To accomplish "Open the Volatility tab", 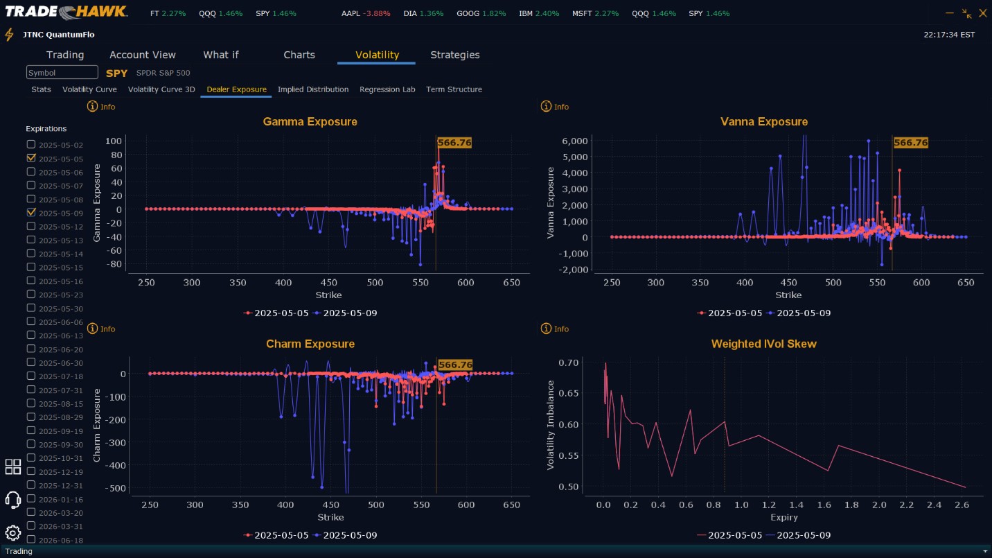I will coord(377,55).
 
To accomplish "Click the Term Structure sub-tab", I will coord(454,89).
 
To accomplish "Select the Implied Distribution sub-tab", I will coord(313,89).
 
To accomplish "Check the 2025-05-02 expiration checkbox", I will coord(31,144).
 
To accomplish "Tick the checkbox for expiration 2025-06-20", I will coord(31,349).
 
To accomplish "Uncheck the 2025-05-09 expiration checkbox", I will coord(31,212).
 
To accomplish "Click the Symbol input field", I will coord(62,73).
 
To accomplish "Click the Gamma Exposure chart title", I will coord(310,122).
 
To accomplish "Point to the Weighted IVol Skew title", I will coord(763,345).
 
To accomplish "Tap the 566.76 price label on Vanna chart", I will coord(910,143).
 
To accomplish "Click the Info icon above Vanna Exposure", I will coord(546,107).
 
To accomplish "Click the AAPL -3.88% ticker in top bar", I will coord(366,14).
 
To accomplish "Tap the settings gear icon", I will coord(12,532).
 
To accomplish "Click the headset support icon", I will coord(12,499).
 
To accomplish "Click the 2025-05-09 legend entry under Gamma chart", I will coord(345,313).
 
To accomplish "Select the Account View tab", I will coord(143,55).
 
